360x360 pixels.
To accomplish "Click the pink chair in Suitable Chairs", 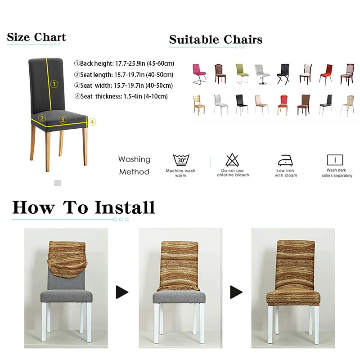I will tap(199, 74).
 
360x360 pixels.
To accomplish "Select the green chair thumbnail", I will tap(242, 74).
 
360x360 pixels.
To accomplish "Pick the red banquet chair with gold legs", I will tap(283, 104).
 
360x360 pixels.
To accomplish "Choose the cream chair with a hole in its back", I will tap(347, 105).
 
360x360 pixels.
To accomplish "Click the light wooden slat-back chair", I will tap(198, 105).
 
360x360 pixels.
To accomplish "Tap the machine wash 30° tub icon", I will tap(181, 160).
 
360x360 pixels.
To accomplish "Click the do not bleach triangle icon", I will tap(232, 160).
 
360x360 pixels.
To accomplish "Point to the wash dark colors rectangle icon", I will tap(334, 160).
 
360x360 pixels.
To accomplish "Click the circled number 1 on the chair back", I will tap(54, 84).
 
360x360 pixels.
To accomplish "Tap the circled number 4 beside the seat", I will tap(92, 121).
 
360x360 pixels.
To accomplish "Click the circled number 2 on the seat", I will tap(42, 119).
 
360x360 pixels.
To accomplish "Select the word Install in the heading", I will tap(125, 207).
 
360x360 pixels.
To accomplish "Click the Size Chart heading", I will tap(36, 37).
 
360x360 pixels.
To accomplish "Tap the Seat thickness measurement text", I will tap(121, 96).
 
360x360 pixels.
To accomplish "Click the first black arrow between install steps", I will tap(122, 292).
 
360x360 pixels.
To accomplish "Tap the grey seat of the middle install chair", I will tap(179, 297).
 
